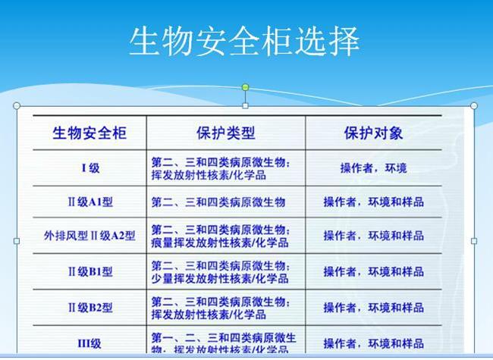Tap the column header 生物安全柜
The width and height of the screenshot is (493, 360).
click(x=89, y=133)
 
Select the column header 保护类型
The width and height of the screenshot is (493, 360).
click(x=225, y=133)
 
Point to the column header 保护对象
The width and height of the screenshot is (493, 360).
click(x=373, y=133)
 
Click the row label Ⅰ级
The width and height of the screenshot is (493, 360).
click(x=90, y=168)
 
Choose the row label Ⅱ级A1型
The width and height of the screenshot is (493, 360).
click(x=90, y=202)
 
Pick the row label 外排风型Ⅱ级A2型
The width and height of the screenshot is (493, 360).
click(x=89, y=236)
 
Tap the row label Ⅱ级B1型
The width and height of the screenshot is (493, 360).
click(x=90, y=271)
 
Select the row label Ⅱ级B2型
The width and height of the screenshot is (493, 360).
click(x=90, y=307)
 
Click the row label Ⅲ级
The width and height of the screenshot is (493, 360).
click(x=89, y=343)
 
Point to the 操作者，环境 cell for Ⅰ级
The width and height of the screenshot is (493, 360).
click(x=373, y=168)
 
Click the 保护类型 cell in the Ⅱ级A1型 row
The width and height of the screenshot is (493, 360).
click(x=218, y=202)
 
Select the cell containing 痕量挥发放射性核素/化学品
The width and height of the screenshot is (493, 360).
click(x=220, y=236)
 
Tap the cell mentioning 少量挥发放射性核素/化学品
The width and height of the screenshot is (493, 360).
click(x=220, y=271)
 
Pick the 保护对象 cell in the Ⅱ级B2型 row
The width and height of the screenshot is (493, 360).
click(x=373, y=307)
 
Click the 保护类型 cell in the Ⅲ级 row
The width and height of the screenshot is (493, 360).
click(x=224, y=343)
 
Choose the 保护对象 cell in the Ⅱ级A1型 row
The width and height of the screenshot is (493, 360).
click(x=373, y=202)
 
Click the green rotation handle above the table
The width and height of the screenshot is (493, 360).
click(x=245, y=87)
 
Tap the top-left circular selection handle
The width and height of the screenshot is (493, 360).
click(x=17, y=105)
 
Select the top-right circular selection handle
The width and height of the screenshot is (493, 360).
click(x=474, y=105)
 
